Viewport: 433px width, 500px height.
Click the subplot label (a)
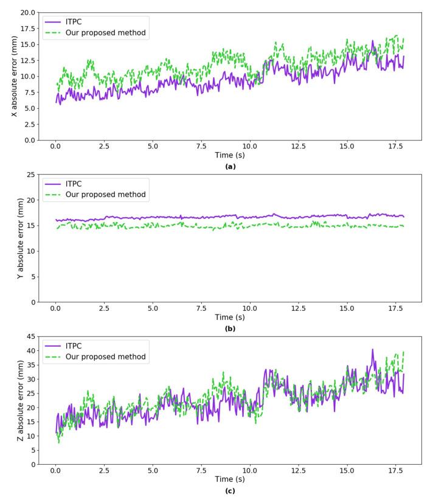(x=230, y=166)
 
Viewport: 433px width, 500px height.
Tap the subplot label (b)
(x=230, y=328)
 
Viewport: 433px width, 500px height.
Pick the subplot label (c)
(x=230, y=491)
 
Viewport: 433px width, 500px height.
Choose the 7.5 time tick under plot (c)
(x=201, y=471)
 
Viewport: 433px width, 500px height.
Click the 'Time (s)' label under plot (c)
(x=230, y=481)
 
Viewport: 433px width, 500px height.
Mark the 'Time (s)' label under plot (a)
(x=230, y=156)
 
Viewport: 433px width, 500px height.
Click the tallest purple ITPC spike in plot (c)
(x=373, y=350)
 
